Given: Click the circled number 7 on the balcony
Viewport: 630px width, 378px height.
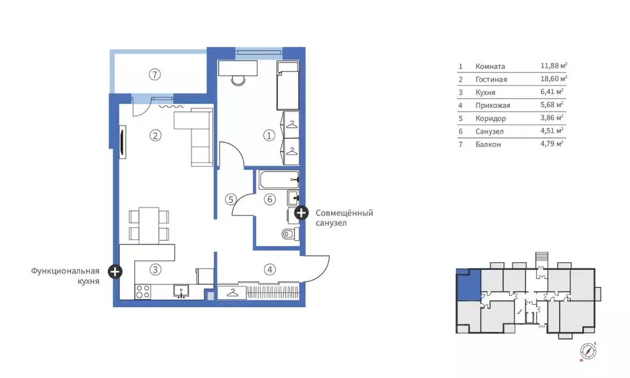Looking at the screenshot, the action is click(155, 74).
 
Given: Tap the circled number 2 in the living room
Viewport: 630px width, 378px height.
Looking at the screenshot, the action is click(155, 135).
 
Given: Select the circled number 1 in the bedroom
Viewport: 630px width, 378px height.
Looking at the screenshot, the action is click(269, 135).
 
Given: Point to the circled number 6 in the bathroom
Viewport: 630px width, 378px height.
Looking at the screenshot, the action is click(270, 199).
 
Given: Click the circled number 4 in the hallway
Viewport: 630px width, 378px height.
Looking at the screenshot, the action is click(270, 270).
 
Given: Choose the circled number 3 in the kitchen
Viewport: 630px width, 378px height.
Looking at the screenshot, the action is click(155, 270).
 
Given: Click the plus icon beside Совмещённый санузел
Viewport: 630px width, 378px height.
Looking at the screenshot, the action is click(301, 213).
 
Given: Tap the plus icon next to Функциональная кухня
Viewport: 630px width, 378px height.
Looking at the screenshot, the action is click(115, 271).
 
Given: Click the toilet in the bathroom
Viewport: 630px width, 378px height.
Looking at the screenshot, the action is click(290, 233).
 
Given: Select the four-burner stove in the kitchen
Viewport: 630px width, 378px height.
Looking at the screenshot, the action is click(143, 291).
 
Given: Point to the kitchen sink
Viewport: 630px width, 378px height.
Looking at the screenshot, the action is click(181, 291).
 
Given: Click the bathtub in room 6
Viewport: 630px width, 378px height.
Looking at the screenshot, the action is click(279, 180).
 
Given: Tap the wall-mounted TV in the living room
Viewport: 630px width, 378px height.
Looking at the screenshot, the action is click(123, 139).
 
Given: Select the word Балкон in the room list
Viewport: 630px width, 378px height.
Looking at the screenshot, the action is click(488, 144).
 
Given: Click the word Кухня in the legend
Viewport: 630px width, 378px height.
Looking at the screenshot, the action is click(485, 92).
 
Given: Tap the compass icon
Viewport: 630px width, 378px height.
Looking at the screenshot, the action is click(588, 351).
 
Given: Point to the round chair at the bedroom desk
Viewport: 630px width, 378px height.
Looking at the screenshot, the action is click(238, 80).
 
